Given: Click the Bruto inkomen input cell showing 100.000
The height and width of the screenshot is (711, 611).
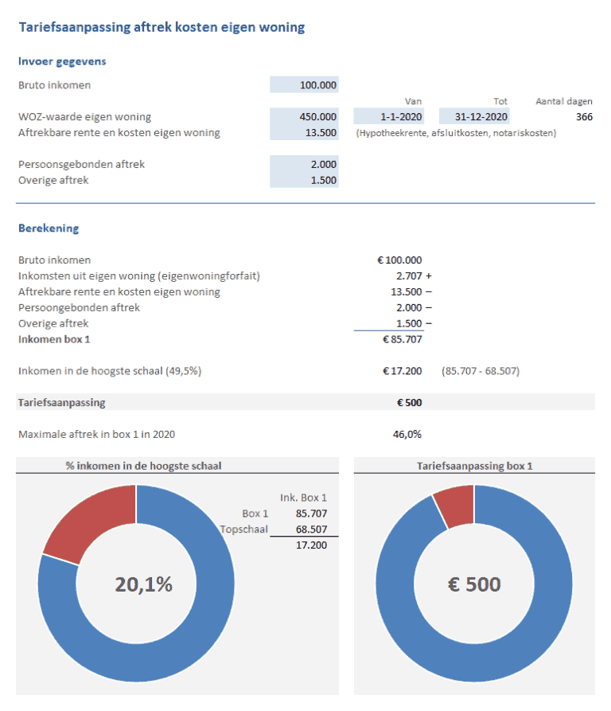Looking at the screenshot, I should tap(305, 85).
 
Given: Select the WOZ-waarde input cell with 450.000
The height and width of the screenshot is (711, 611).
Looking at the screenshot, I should tap(305, 117).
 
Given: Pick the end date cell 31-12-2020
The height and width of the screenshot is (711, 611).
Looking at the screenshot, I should tap(474, 117).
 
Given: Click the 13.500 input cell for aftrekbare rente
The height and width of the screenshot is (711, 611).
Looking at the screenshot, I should tap(305, 133).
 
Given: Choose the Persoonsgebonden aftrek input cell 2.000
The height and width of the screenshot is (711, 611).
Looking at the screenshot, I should tap(305, 164).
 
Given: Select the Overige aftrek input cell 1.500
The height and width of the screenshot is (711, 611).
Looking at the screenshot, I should tap(305, 180).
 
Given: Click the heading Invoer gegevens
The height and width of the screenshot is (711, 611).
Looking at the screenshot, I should tap(62, 61).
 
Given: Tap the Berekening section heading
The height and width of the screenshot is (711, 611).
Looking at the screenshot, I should tap(49, 229).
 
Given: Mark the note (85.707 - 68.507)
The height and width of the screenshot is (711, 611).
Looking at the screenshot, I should tap(481, 371).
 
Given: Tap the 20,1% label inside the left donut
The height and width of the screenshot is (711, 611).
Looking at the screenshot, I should tap(144, 584).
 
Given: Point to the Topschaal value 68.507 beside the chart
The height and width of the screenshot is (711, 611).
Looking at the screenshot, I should tap(310, 529).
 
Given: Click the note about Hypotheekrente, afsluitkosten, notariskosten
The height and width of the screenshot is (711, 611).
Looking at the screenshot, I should tap(457, 133).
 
